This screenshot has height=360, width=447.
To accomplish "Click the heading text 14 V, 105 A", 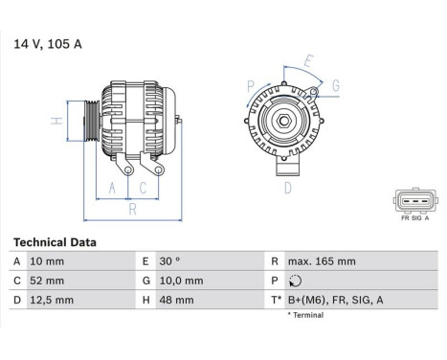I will coord(46,44).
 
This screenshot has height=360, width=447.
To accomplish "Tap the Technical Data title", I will coord(54,243).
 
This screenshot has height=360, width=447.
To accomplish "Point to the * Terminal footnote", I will coord(308,315).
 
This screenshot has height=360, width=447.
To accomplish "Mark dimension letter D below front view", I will coord(287,189).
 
